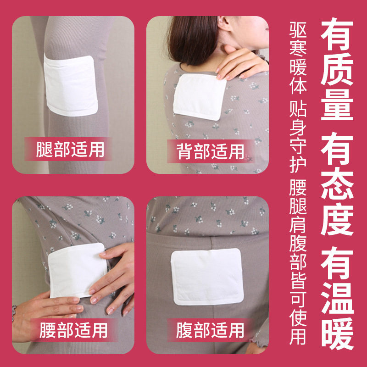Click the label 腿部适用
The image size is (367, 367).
point(71,150)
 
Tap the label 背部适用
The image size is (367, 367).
point(211,151)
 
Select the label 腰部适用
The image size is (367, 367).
point(73,330)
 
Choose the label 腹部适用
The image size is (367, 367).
point(211,330)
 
